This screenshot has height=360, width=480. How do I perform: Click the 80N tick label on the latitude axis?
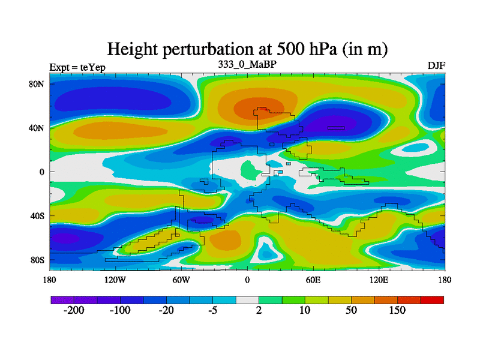tap(38, 84)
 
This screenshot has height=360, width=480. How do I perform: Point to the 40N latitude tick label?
tap(38, 128)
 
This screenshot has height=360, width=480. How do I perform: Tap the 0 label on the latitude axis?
tap(43, 172)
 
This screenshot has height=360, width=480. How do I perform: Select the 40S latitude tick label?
tap(38, 215)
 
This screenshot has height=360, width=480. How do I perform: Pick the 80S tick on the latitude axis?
tap(38, 260)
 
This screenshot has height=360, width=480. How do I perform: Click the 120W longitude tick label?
tap(115, 280)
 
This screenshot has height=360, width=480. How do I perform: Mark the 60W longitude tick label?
tap(181, 280)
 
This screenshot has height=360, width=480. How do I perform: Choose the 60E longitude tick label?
tap(313, 280)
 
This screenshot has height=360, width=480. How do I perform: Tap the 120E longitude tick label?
tap(379, 280)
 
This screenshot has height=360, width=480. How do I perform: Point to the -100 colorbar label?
tap(120, 310)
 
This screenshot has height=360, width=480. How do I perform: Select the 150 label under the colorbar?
tap(397, 310)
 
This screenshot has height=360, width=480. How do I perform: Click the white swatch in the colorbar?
tap(247, 299)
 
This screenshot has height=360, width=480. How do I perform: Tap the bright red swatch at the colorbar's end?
tap(432, 299)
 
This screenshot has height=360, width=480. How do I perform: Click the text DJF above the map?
tap(436, 65)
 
